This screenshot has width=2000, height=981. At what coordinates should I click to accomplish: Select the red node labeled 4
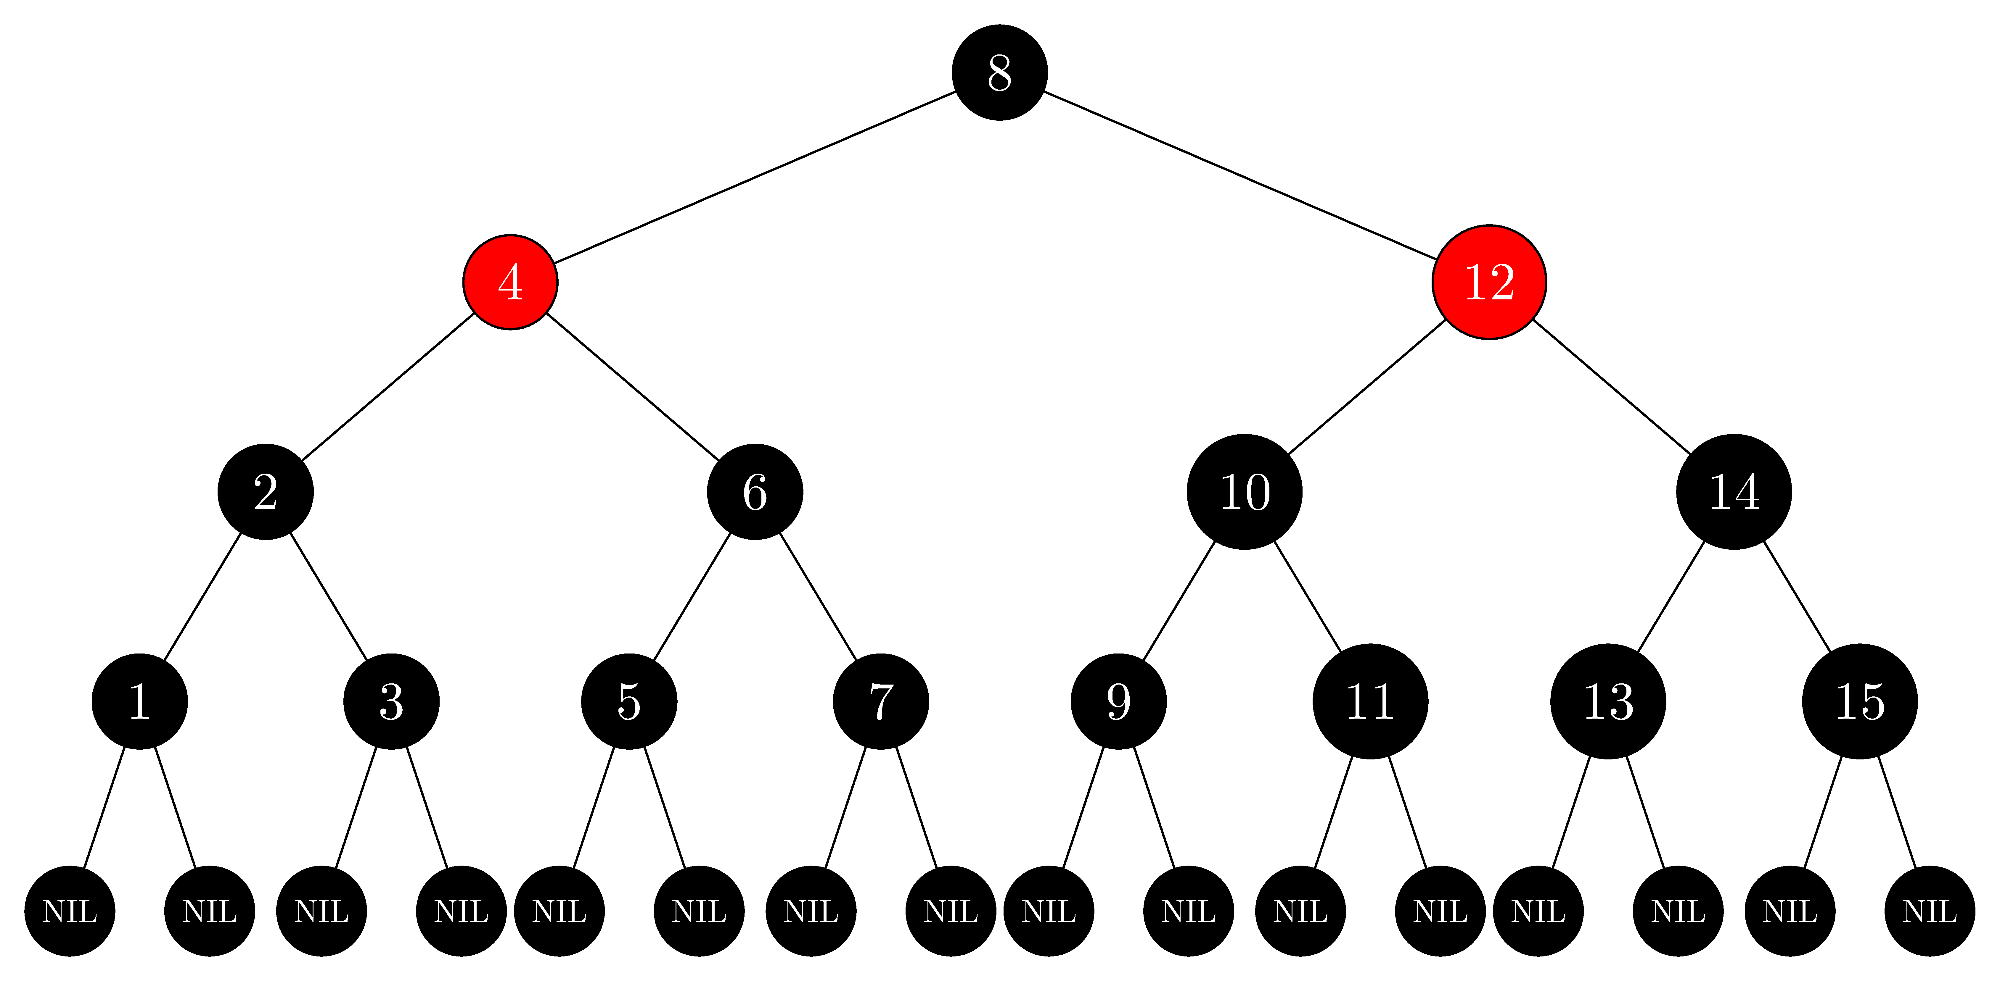pyautogui.click(x=510, y=282)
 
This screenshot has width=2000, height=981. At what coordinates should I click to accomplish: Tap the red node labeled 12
pyautogui.click(x=1489, y=282)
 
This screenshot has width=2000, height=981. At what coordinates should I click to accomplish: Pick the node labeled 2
pyautogui.click(x=266, y=491)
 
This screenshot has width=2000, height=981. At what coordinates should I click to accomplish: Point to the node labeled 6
pyautogui.click(x=755, y=491)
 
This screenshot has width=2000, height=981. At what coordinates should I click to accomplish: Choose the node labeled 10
pyautogui.click(x=1245, y=491)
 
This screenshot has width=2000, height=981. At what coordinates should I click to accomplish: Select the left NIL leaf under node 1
pyautogui.click(x=70, y=911)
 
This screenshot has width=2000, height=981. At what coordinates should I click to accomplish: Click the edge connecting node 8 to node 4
pyautogui.click(x=755, y=177)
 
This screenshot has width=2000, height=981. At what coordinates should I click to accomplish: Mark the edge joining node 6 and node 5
pyautogui.click(x=692, y=597)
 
